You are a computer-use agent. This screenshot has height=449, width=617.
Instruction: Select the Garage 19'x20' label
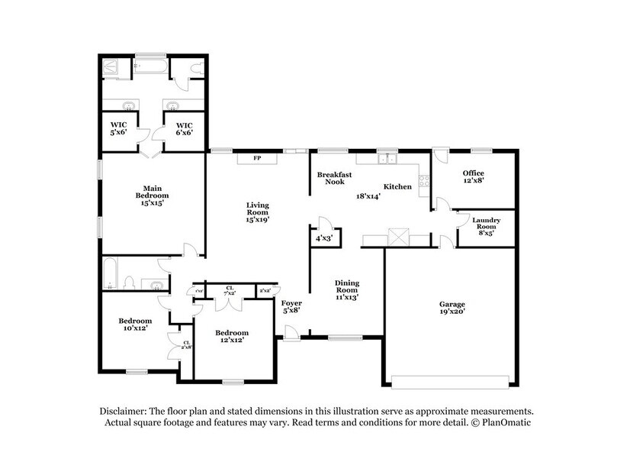point(452,308)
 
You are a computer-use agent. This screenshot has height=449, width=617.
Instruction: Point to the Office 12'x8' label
point(474,177)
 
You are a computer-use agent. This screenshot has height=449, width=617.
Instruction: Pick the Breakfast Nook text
point(335,178)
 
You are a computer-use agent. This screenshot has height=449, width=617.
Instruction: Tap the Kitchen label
point(397,186)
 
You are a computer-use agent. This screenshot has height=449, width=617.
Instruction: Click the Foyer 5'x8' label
point(291,307)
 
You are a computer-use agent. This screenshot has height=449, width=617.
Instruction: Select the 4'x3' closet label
point(324,238)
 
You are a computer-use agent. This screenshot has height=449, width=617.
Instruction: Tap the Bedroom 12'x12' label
point(231,337)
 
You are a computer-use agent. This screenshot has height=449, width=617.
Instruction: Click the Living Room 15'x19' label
point(257,212)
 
